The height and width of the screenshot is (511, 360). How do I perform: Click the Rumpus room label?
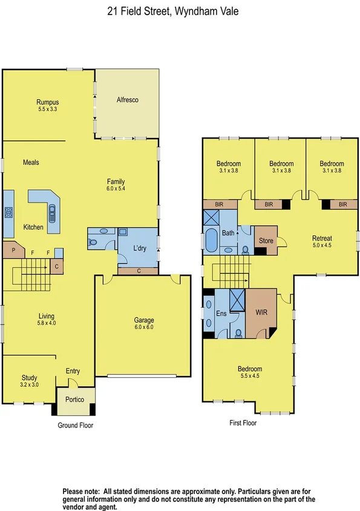click(x=48, y=102)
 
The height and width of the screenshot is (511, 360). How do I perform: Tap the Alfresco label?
click(x=128, y=100)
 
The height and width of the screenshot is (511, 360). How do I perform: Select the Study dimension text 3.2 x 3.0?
click(x=30, y=385)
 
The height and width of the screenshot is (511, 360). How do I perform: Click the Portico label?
click(x=76, y=399)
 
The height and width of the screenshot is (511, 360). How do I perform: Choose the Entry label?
click(x=73, y=371)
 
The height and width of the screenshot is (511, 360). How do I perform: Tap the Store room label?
click(x=266, y=241)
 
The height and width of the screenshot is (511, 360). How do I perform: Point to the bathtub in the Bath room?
click(x=212, y=241)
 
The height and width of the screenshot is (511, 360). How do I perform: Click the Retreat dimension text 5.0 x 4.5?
click(x=322, y=246)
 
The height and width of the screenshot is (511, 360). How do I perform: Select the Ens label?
click(x=221, y=314)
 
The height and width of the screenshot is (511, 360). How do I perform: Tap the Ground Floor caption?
click(x=75, y=425)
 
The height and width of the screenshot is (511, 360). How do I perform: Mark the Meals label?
click(x=31, y=163)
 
